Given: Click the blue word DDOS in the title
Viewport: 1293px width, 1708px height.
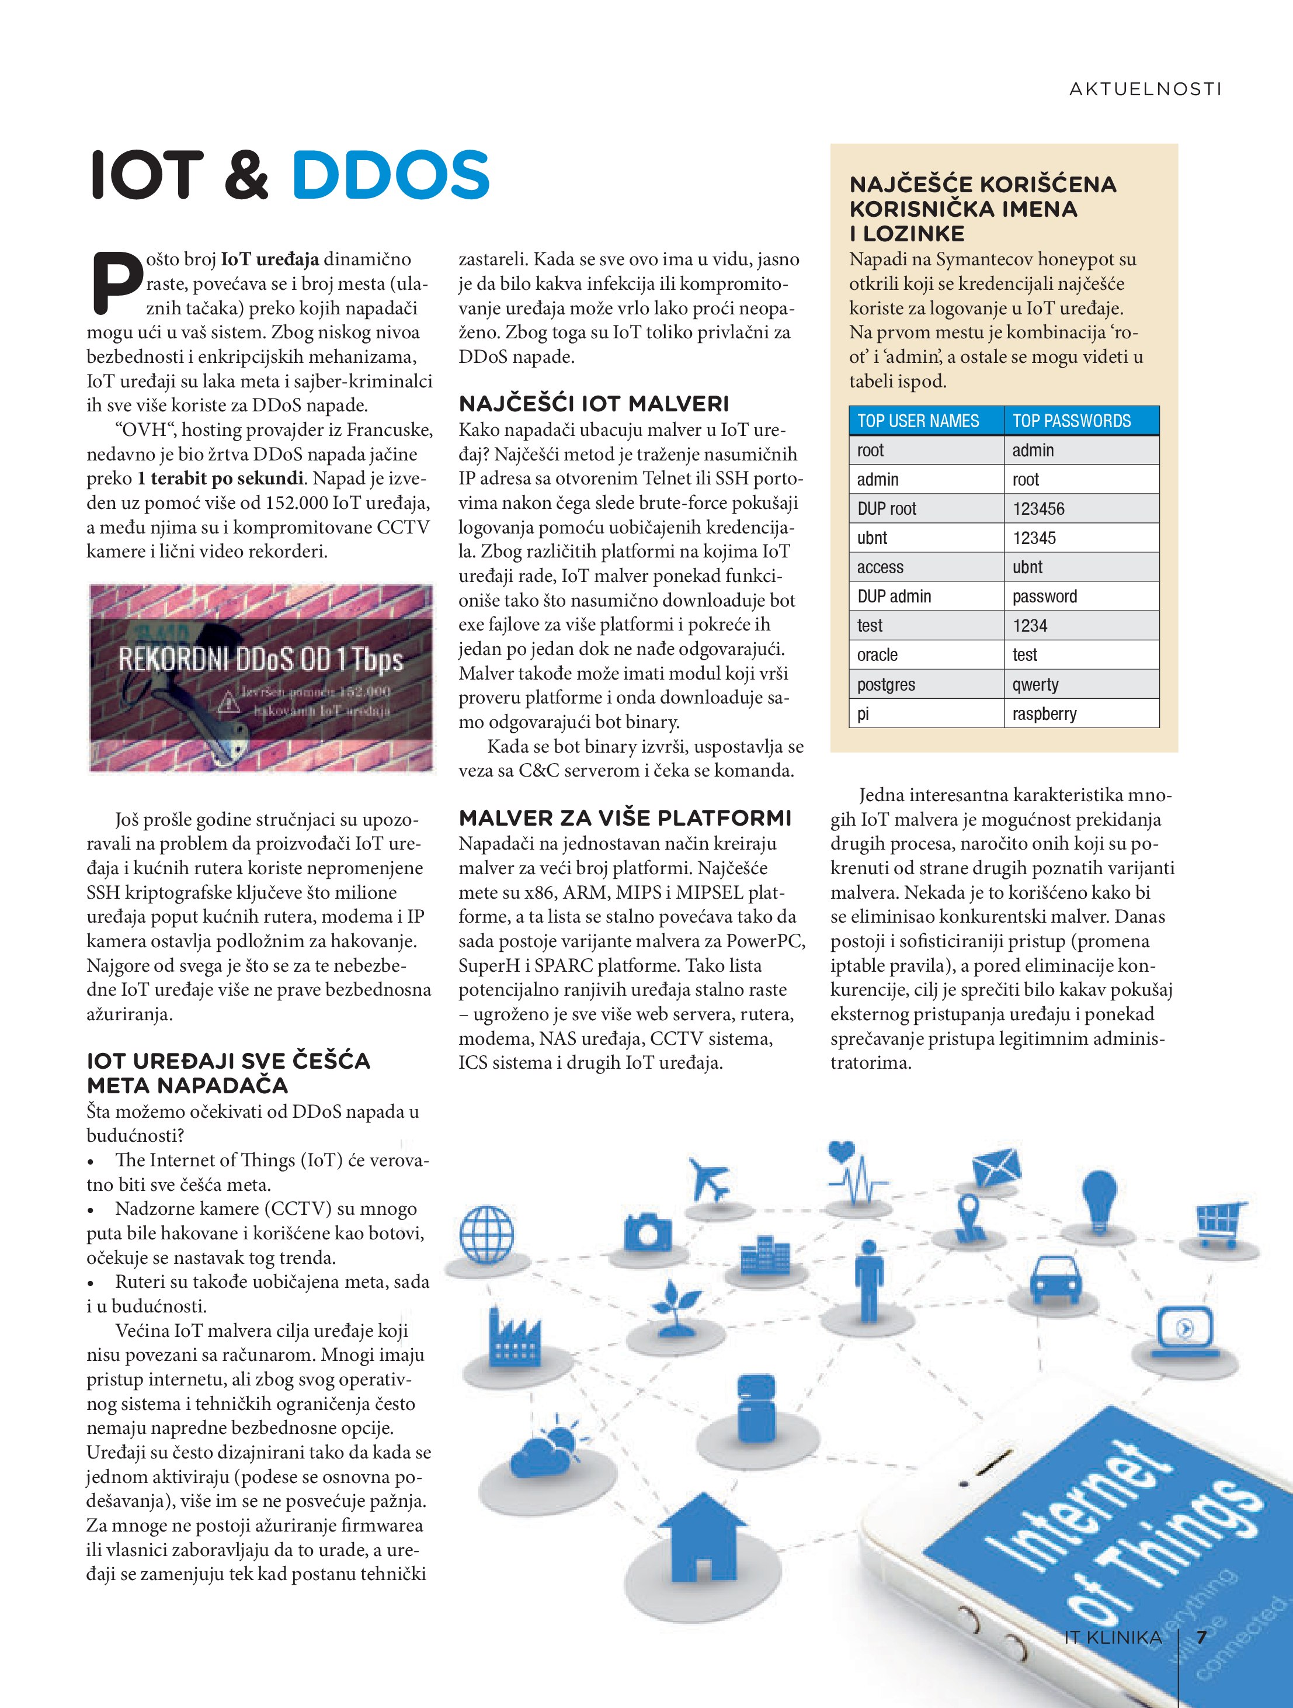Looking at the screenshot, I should point(391,175).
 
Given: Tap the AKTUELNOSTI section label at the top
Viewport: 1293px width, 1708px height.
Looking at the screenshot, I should point(1145,89).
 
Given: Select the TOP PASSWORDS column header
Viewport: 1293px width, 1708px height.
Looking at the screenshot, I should point(1072,421).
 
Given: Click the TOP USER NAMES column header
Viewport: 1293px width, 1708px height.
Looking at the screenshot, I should point(918,421).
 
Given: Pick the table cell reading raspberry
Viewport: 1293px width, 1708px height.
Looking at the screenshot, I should point(1044,713).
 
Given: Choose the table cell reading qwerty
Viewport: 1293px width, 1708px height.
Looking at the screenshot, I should point(1035,684).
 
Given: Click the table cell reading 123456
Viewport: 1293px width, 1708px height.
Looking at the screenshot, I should point(1038,509).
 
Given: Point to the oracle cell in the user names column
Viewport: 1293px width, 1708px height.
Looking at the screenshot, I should point(878,655).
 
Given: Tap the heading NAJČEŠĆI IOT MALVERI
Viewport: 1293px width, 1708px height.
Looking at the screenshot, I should point(593,403).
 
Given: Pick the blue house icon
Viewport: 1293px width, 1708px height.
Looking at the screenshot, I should point(702,1537).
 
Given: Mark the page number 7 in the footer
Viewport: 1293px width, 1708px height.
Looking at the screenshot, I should point(1201,1637).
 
